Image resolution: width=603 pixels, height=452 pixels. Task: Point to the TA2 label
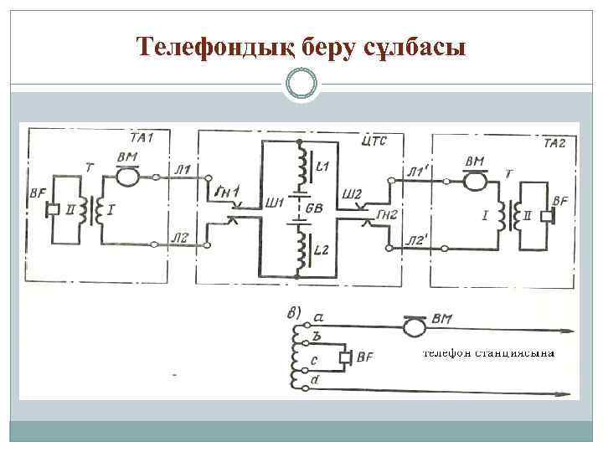click(x=554, y=143)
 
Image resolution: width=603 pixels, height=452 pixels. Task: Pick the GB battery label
click(x=316, y=208)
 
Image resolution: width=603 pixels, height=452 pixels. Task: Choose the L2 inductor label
click(x=323, y=250)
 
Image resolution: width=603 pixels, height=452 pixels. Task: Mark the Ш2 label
click(x=351, y=194)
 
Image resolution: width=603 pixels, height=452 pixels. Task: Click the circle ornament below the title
click(x=301, y=85)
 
